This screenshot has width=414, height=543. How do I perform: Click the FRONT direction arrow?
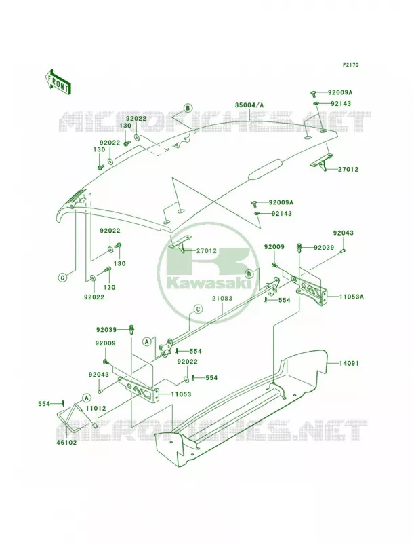pos(58,82)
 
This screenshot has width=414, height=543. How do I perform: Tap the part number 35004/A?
pos(249,105)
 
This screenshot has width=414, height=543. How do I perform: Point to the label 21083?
pos(222,298)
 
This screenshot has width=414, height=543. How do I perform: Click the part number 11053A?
pos(352,296)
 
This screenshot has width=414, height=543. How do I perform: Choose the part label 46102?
pos(67,443)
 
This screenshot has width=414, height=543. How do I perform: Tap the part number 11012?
pos(96,409)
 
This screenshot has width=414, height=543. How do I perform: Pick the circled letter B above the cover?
pos(188,108)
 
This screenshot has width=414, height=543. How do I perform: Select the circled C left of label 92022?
pos(62,278)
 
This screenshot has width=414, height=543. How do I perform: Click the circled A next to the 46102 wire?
pos(85,397)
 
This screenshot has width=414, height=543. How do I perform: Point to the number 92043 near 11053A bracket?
pos(343,233)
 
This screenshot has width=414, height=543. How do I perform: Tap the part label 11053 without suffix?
pos(181,394)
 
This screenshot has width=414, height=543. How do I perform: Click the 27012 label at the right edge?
pos(348,169)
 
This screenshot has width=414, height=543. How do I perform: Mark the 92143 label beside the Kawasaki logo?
pos(282,213)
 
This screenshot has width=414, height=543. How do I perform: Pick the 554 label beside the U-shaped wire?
pos(44,403)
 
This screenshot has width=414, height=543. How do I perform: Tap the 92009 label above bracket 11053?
pos(106,343)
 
